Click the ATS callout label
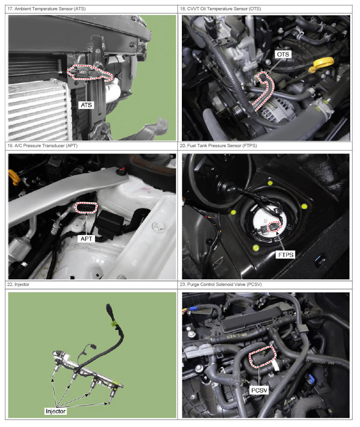pyautogui.click(x=86, y=105)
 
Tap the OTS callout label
pyautogui.click(x=283, y=55)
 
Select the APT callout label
pyautogui.click(x=86, y=239)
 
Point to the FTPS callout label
pyautogui.click(x=286, y=255)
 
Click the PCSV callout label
pyautogui.click(x=259, y=390)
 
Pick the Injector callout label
pyautogui.click(x=56, y=411)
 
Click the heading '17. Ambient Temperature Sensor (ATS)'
pyautogui.click(x=47, y=9)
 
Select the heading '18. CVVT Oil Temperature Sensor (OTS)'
pyautogui.click(x=221, y=9)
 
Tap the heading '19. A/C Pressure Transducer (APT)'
pyautogui.click(x=43, y=146)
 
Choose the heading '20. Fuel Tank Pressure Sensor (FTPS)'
pyautogui.click(x=218, y=146)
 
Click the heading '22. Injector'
pyautogui.click(x=18, y=285)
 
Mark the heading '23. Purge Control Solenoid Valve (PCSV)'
pyautogui.click(x=221, y=285)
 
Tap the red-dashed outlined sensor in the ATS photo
pyautogui.click(x=90, y=73)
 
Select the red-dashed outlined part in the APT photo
pyautogui.click(x=86, y=208)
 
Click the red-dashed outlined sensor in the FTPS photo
pyautogui.click(x=274, y=227)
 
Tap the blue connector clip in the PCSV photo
pyautogui.click(x=310, y=378)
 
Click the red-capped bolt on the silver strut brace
pyautogui.click(x=121, y=171)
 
